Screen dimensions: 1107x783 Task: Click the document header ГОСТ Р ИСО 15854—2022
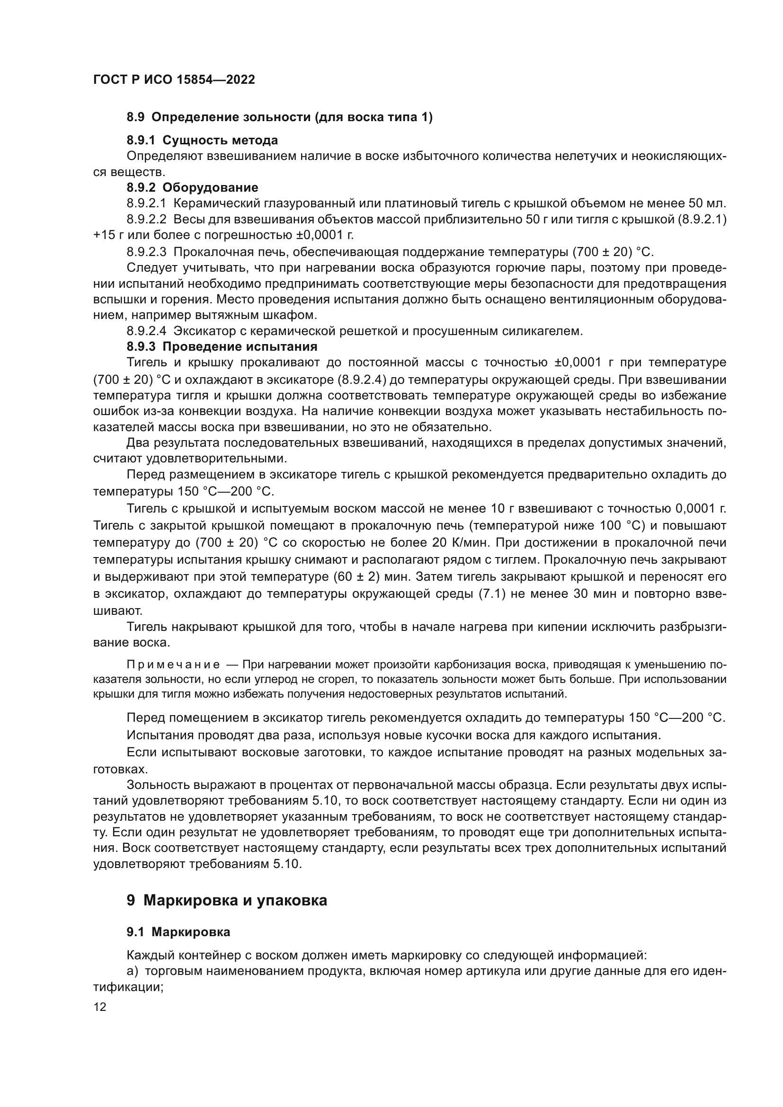coord(174,80)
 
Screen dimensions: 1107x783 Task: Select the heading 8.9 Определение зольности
coord(279,117)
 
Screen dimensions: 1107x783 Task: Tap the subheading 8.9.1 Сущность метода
coord(202,140)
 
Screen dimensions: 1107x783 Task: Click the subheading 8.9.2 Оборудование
coord(192,187)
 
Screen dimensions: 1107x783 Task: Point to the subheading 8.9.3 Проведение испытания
coord(222,346)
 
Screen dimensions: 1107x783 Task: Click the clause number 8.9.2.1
coord(147,204)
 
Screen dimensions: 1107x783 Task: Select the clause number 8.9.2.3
coord(147,252)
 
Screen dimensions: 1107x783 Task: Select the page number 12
coord(100,1007)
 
